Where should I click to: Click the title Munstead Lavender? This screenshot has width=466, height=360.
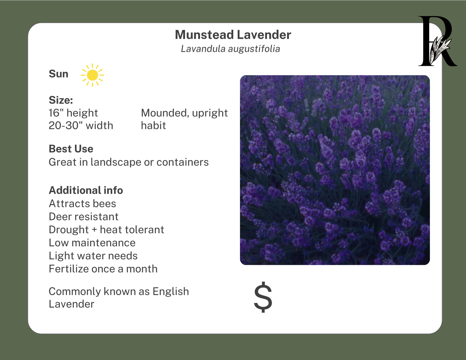233,35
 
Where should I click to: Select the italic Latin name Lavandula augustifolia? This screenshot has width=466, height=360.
231,49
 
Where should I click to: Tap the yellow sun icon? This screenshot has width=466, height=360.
93,75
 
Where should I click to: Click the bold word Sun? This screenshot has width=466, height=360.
58,74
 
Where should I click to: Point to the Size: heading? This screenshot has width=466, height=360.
61,100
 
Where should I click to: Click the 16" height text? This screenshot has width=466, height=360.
73,113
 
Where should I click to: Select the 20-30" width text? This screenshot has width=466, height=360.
81,125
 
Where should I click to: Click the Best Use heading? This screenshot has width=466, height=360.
71,149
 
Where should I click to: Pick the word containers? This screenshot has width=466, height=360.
183,162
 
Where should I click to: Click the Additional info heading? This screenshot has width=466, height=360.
86,190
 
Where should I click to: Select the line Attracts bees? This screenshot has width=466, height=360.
82,204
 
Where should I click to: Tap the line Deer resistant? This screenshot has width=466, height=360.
84,216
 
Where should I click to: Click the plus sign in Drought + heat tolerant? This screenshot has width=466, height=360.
94,230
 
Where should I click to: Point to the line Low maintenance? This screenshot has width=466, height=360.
92,243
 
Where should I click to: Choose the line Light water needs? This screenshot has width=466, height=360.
93,256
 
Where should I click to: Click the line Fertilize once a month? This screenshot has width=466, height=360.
103,269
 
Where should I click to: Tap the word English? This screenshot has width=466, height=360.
171,292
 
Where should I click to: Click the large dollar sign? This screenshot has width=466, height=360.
263,297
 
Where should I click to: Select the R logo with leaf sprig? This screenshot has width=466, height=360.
438,41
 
